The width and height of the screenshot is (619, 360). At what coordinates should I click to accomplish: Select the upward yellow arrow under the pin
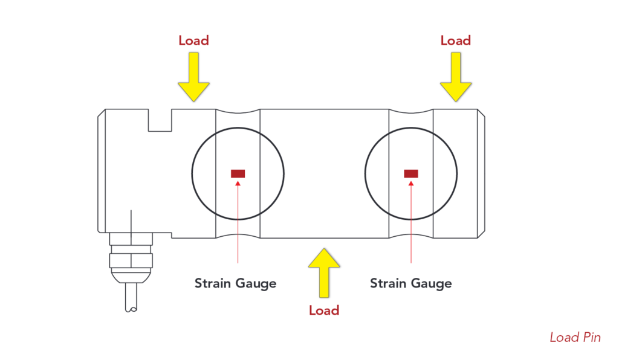324,271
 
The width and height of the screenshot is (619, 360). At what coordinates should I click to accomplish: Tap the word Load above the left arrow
193,41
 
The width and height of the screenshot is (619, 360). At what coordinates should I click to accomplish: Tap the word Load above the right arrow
455,41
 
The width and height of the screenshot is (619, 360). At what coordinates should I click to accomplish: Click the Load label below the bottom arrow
324,310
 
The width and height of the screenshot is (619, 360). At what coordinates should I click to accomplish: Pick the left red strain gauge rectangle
238,174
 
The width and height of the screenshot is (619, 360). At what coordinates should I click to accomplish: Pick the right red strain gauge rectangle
411,174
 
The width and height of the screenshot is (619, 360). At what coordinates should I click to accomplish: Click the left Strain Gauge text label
235,283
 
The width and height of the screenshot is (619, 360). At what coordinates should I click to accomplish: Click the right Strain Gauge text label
410,283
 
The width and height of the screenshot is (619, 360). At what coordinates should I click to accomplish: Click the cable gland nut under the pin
131,260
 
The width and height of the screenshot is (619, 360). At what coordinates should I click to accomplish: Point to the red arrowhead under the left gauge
238,182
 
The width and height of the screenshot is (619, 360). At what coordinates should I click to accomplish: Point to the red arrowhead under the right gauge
411,182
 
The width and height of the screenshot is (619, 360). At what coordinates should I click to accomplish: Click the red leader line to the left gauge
238,223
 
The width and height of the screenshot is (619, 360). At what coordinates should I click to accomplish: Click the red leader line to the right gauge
411,223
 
